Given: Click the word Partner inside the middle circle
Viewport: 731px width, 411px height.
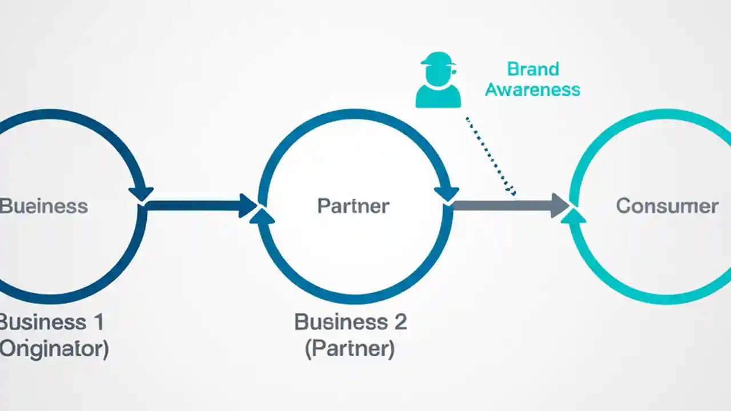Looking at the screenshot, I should coord(353,205).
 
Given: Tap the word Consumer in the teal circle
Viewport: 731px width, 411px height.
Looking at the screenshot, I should coord(667,205).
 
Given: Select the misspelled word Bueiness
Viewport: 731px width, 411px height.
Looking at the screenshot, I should coord(43,205).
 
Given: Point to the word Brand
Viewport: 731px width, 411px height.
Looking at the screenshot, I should coord(532,69).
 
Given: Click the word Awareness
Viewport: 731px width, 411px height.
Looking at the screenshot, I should coord(532,90).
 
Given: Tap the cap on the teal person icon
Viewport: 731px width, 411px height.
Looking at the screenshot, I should coord(438,59).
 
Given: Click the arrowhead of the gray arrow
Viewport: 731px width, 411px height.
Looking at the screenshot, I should coord(560,205).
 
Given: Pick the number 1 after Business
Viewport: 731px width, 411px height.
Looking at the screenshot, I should coord(97,322).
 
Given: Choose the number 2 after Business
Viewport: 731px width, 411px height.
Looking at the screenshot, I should coord(399,322).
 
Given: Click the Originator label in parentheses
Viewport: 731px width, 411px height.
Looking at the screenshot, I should coord(54,348).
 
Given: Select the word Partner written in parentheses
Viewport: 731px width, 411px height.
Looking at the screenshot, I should coord(350,348).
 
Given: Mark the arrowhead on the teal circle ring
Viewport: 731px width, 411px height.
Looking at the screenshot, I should coord(576,215).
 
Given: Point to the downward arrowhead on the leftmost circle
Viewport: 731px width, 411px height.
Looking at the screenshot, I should coord(141,193).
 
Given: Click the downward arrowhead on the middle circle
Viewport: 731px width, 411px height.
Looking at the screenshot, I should coord(446,193).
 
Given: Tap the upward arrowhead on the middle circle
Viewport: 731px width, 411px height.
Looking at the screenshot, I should coord(262,216).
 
